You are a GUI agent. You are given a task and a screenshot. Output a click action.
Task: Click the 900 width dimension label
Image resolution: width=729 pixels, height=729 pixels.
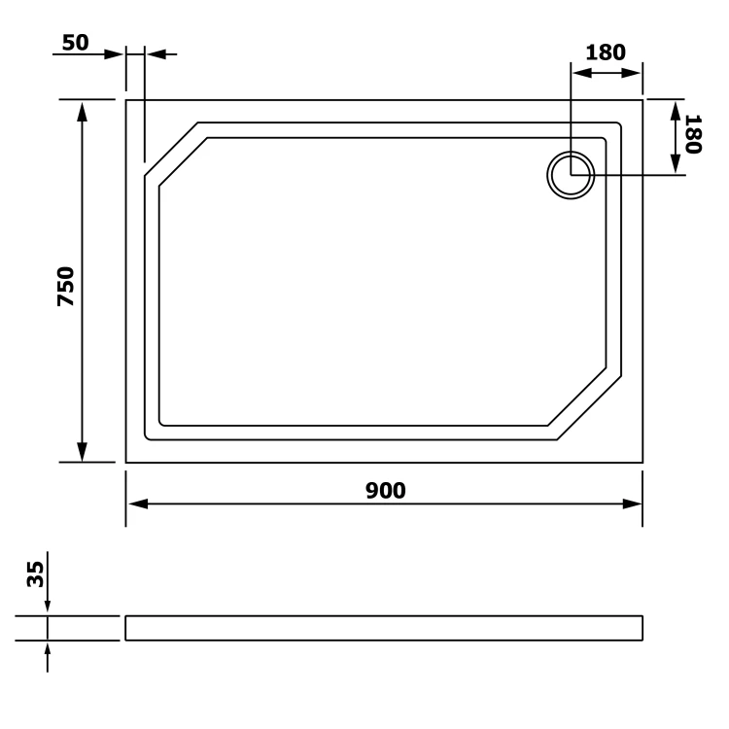click(386, 491)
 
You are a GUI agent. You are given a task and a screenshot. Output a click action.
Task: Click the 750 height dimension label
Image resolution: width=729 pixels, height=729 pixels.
click(65, 286)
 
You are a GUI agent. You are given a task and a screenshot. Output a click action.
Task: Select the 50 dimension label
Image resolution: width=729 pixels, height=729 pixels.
click(75, 43)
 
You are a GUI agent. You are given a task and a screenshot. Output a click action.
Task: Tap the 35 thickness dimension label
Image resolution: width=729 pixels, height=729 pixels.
click(35, 574)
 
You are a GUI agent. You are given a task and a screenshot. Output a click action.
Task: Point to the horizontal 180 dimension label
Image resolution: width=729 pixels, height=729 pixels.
click(606, 52)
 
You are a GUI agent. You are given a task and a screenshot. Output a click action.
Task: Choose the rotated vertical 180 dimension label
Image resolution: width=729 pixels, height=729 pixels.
click(693, 134)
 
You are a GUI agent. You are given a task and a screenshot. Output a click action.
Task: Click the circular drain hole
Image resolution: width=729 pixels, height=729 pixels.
click(571, 175)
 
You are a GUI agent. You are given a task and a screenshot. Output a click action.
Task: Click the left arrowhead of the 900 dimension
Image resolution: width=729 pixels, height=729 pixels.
click(138, 503)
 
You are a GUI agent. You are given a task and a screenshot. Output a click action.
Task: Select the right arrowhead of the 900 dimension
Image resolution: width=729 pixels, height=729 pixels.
click(632, 503)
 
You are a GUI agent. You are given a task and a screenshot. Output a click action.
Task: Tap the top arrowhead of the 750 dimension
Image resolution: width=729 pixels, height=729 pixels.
click(83, 112)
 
